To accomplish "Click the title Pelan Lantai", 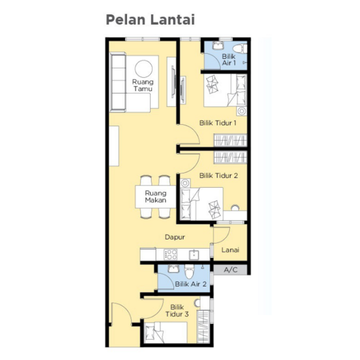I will (x=151, y=20).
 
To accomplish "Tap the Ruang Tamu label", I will (x=143, y=86).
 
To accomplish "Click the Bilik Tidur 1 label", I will (x=218, y=122).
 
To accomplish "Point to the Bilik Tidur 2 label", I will (x=218, y=175).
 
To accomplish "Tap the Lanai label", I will (x=230, y=250).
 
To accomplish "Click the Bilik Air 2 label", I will (x=191, y=284).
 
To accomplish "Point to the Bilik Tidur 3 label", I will (x=179, y=310).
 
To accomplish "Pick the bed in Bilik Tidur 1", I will (x=224, y=90).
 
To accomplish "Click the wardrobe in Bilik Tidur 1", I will (x=231, y=140).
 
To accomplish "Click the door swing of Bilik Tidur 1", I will (x=189, y=139).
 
